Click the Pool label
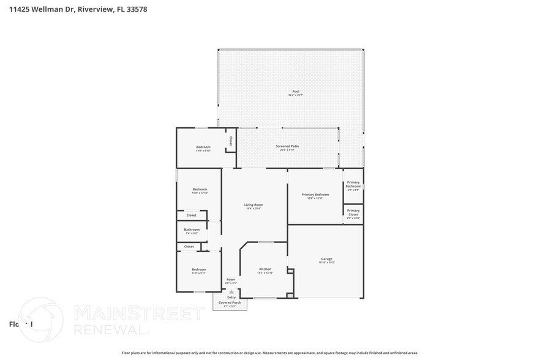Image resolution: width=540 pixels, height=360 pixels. coord(296,91)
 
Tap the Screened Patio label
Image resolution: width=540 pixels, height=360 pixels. coord(287,146)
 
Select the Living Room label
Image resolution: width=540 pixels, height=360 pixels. coord(253,205)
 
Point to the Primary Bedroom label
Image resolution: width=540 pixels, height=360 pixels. coord(315,195)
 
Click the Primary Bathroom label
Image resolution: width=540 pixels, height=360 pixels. coord(353,184)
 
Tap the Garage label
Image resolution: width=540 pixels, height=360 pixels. coord(326,258)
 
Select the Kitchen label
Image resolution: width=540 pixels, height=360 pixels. coord(265,269)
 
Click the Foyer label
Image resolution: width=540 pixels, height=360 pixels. coord(231,279)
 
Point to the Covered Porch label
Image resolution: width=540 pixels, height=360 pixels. coord(230,302)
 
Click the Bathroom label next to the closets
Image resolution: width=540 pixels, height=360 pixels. coord(192,230)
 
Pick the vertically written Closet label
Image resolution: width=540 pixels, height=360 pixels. coord(231,141)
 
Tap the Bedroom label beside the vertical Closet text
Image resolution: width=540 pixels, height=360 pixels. coord(203,147)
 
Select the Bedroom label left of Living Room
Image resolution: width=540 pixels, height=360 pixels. coord(200,189)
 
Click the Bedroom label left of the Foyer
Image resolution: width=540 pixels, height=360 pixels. coord(199,269)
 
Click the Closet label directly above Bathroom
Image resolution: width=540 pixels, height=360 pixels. coord(191,216)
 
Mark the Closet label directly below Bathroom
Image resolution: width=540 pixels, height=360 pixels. coord(189,247)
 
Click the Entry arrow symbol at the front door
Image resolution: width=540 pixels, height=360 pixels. coord(231,292)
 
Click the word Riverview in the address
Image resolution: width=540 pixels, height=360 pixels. coord(95,9)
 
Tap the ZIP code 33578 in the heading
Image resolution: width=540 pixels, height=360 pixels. coord(136,9)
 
